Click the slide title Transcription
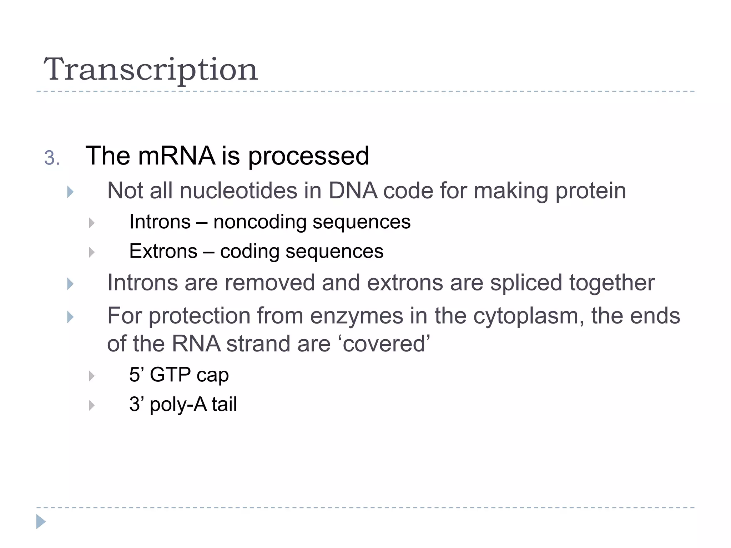point(150,70)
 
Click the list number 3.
point(52,158)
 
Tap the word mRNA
point(176,156)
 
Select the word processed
point(308,157)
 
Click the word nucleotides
point(238,191)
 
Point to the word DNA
point(353,191)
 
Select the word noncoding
point(259,222)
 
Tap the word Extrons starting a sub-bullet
point(163,251)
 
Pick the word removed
point(269,283)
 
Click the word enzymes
point(357,316)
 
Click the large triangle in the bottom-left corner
point(41,522)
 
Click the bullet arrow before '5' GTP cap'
point(92,376)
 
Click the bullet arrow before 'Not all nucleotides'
point(70,192)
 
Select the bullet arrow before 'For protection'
point(70,317)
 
